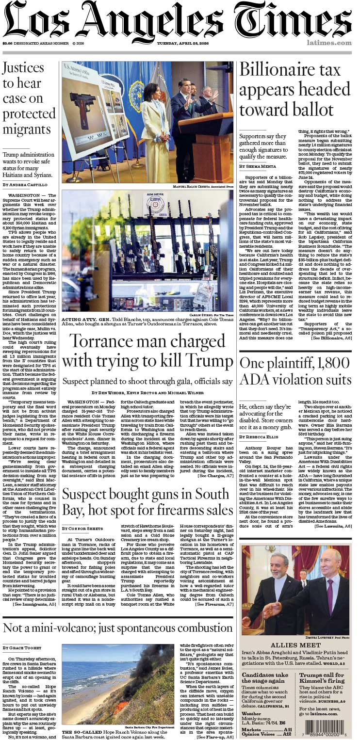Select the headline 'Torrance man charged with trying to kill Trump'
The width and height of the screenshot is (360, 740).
coord(147,351)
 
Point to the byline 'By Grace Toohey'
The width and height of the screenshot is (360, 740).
coord(21,648)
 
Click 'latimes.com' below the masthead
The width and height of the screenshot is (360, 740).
coord(329,43)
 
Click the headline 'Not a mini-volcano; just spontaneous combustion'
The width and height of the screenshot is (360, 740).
coord(118,628)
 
